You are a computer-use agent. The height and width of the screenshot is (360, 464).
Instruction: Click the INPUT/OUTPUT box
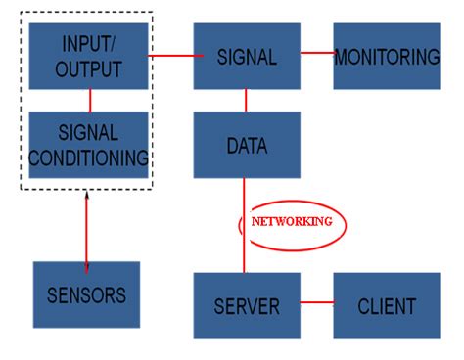89,56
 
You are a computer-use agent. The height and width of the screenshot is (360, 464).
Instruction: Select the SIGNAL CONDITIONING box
89,144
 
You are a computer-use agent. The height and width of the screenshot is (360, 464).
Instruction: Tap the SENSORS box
86,293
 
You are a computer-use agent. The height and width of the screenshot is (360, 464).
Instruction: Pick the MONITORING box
386,57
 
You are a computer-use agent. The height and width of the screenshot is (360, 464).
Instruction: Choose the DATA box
246,146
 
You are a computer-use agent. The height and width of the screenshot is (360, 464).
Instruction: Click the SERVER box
246,305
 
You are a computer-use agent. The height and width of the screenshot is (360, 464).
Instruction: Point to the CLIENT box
386,305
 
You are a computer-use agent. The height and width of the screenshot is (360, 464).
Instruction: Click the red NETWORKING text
292,221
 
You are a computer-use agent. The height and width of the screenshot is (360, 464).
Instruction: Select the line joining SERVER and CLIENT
316,302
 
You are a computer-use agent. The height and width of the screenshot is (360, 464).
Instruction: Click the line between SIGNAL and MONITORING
316,53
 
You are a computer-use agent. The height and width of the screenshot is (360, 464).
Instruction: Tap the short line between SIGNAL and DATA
246,101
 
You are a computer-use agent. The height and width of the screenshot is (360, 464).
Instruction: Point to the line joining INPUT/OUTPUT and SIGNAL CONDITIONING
90,100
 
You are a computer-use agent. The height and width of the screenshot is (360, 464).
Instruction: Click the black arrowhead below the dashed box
87,198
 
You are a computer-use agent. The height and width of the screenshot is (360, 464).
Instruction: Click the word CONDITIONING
89,156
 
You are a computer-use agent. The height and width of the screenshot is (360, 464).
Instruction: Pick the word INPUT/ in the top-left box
89,44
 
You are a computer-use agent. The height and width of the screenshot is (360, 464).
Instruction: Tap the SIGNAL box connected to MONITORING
246,57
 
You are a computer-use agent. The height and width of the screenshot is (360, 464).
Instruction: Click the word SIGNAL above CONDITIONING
89,132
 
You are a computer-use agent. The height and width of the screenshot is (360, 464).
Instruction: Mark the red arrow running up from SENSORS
87,235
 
